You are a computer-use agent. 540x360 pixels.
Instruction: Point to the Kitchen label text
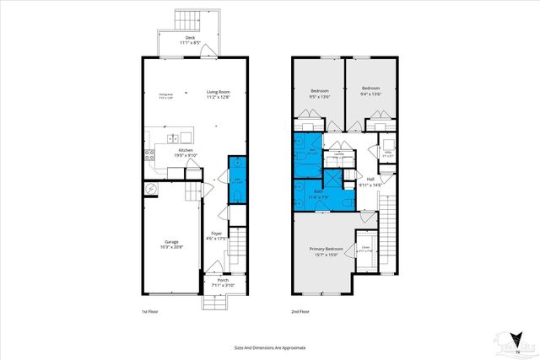point(173,153)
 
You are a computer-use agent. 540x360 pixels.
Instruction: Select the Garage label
point(172,244)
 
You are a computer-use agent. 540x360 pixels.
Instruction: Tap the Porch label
point(222,284)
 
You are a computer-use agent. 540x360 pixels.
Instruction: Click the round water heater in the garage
point(151,189)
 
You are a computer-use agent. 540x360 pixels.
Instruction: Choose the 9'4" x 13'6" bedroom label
point(371,91)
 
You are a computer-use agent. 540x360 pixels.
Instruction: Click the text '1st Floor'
point(150,310)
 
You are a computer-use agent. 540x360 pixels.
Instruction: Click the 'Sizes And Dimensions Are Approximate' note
point(269,347)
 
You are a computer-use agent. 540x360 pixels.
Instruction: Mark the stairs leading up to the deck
point(185,19)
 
